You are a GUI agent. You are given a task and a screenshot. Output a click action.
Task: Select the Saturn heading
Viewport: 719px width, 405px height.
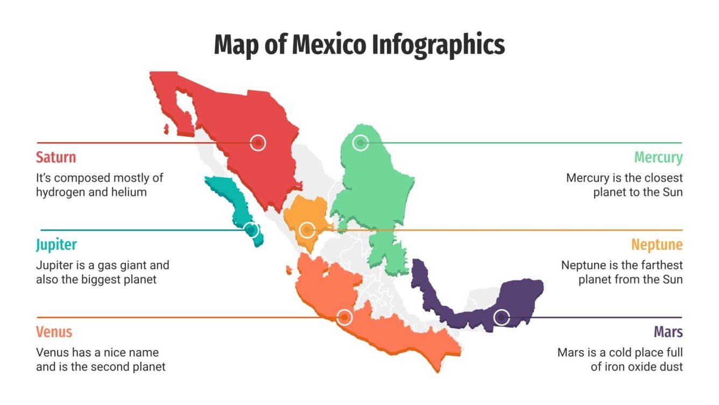click(56, 157)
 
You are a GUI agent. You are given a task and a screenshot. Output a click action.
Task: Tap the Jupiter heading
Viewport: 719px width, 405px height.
click(57, 245)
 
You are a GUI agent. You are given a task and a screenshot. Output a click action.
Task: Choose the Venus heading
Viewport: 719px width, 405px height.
click(54, 332)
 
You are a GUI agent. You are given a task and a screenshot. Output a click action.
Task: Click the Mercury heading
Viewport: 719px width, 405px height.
click(658, 157)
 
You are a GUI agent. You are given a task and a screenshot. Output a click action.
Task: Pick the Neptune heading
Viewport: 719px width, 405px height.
click(657, 245)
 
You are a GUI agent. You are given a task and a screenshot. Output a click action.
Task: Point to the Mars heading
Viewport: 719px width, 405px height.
click(668, 332)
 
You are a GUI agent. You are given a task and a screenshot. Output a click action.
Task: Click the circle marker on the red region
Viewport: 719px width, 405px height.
click(258, 143)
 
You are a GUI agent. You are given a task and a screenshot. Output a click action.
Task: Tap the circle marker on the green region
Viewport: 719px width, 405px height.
click(360, 143)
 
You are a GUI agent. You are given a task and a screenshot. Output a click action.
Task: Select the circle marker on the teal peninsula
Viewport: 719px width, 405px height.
click(250, 230)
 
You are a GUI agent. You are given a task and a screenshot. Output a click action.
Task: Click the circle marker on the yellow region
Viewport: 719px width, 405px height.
click(307, 230)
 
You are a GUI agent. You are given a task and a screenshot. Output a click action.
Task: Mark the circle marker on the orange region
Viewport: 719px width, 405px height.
click(344, 317)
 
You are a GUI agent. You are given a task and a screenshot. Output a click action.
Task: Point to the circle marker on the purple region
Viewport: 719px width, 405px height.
click(502, 317)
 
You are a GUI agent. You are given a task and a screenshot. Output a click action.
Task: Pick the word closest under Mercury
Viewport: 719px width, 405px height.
click(659, 178)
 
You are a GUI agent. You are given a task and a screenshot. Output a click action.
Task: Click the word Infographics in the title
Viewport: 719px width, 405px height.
click(439, 45)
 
